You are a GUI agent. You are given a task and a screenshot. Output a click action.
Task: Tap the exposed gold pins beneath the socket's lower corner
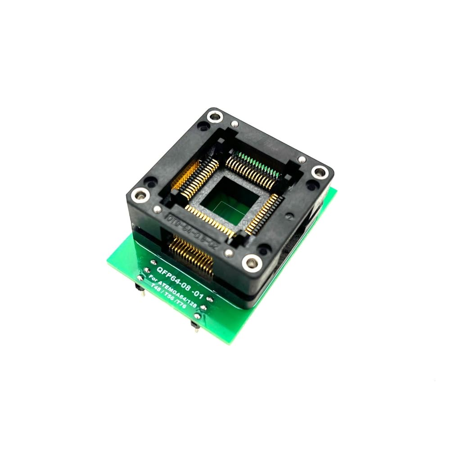(191, 257)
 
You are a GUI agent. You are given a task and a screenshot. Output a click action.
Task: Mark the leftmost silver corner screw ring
(140, 195)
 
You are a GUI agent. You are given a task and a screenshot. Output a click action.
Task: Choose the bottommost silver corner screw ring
(251, 262)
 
